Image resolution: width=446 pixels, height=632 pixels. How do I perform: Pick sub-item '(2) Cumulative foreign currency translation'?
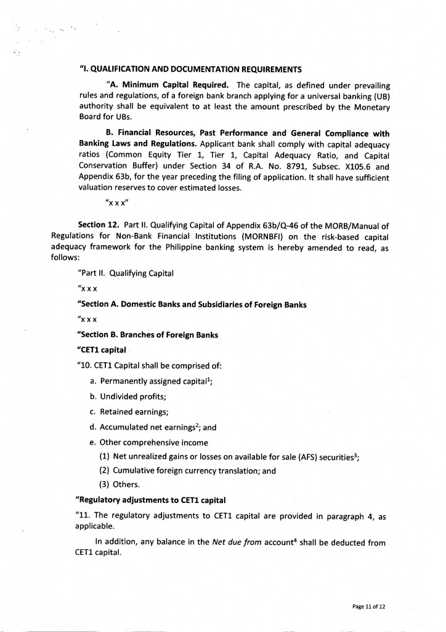point(187,470)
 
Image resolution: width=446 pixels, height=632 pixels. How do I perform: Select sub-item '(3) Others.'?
point(120,484)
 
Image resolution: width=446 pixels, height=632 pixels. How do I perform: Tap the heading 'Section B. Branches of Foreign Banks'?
point(148,335)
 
